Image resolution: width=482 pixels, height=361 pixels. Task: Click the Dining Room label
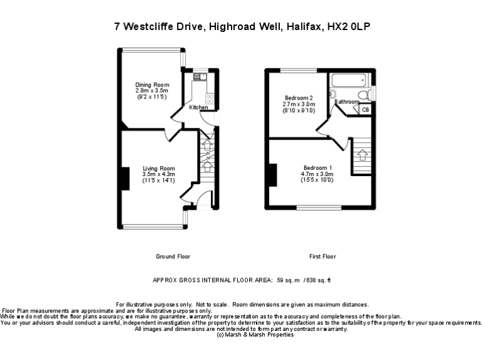[x=153, y=85]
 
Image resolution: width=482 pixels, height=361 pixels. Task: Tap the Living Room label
[x=158, y=169]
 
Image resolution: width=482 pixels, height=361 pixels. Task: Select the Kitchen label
[x=198, y=108]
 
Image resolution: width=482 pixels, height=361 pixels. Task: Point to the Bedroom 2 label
[x=299, y=98]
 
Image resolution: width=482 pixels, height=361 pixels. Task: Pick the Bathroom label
[x=346, y=102]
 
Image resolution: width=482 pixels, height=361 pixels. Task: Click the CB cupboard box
[x=365, y=110]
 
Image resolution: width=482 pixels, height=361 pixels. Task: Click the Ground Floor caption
[x=173, y=256]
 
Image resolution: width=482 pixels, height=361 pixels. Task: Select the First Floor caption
[x=323, y=256]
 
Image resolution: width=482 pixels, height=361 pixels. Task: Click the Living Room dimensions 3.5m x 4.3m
[x=158, y=174]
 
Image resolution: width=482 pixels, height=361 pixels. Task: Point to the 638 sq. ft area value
[x=317, y=280]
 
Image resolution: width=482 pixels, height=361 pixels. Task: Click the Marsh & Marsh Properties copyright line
[x=254, y=335]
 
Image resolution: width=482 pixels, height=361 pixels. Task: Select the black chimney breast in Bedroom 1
[x=272, y=174]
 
